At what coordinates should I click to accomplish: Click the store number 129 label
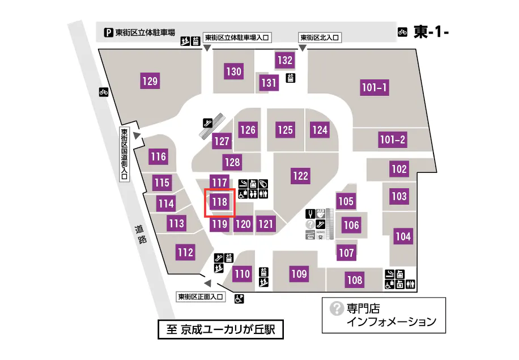click(150, 81)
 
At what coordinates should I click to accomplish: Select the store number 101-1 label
click(375, 87)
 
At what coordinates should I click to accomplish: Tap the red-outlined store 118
click(219, 201)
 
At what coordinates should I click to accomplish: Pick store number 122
click(300, 176)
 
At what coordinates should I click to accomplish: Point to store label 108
click(355, 279)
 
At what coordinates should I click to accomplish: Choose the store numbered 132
click(285, 60)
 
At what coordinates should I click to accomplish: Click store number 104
click(403, 237)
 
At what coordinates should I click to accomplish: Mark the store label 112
click(185, 252)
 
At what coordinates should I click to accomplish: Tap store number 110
click(242, 274)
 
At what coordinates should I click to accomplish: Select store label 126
click(248, 130)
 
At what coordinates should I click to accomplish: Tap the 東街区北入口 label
click(320, 37)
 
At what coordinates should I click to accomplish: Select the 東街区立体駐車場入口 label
click(237, 37)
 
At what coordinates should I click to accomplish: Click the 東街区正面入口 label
click(202, 297)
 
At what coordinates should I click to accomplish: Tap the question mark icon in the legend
click(337, 308)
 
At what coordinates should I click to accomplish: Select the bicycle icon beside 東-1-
click(403, 32)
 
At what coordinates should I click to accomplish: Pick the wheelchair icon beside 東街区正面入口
click(239, 297)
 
